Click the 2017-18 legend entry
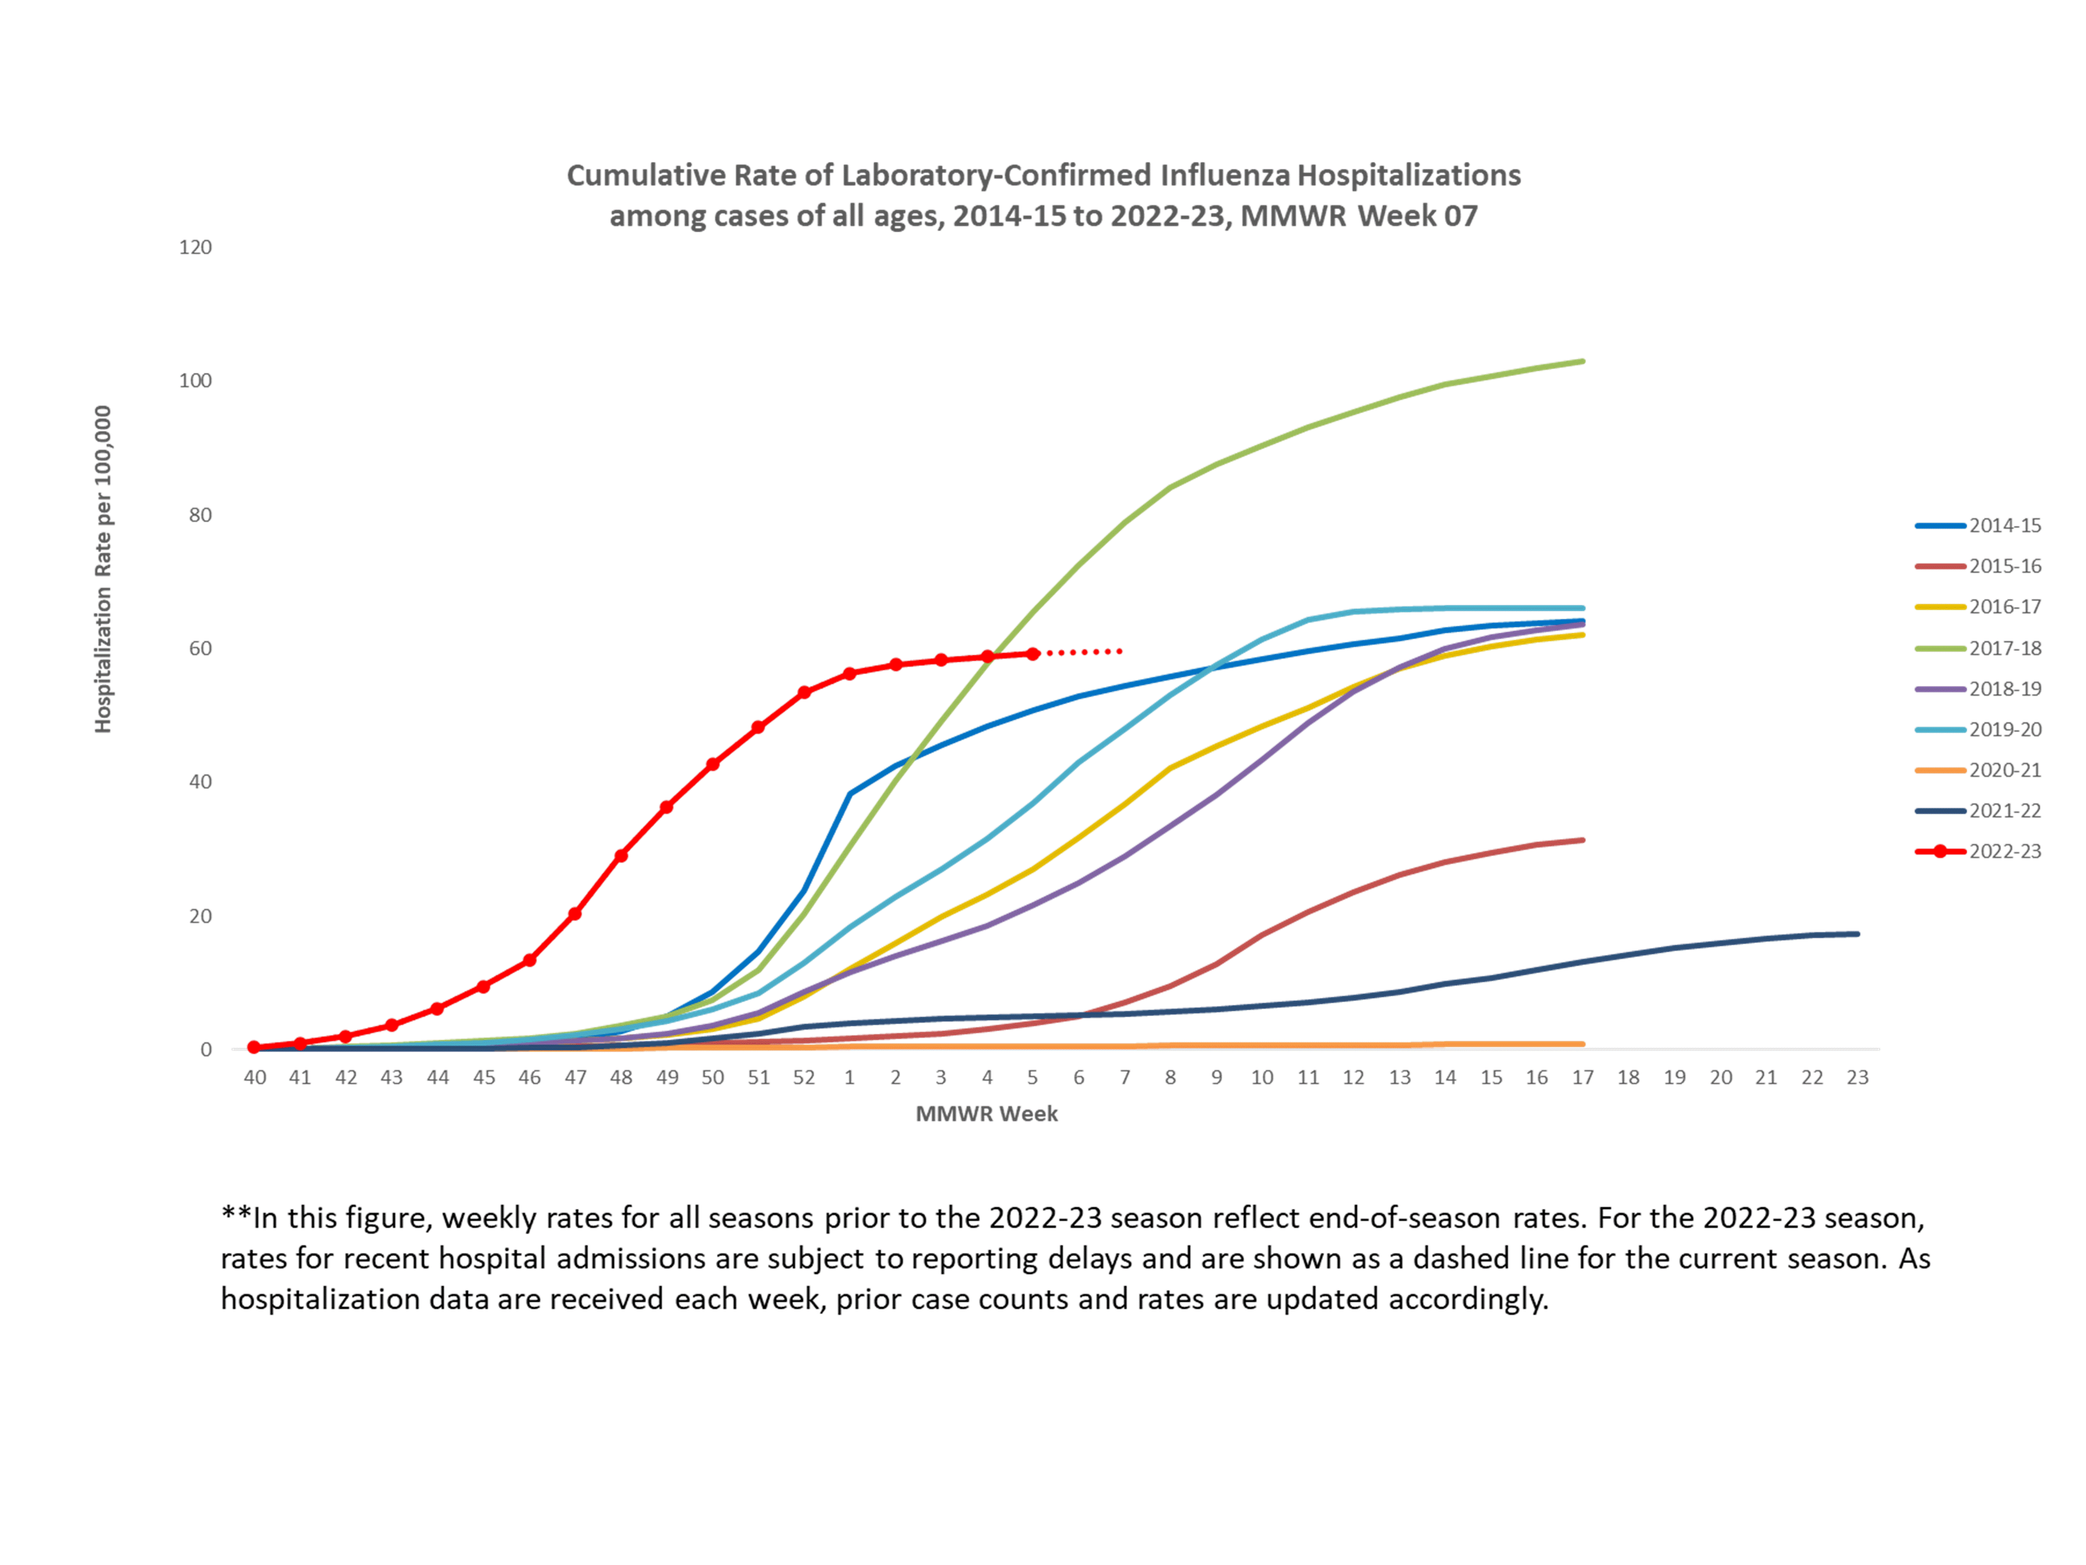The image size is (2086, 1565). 2004,648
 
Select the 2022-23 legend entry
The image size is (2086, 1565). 2004,851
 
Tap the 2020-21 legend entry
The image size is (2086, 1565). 2004,770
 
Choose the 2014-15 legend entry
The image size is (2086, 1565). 2004,525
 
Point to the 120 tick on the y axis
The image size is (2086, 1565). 195,247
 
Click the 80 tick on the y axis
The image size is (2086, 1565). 200,515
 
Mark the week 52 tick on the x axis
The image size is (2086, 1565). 803,1077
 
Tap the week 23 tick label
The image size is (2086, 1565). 1857,1077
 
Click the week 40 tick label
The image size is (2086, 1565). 254,1077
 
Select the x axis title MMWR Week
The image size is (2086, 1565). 986,1114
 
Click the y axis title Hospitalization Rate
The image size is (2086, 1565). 103,569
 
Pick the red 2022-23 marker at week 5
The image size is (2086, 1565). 1033,654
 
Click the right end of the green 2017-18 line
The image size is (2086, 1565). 1583,361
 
